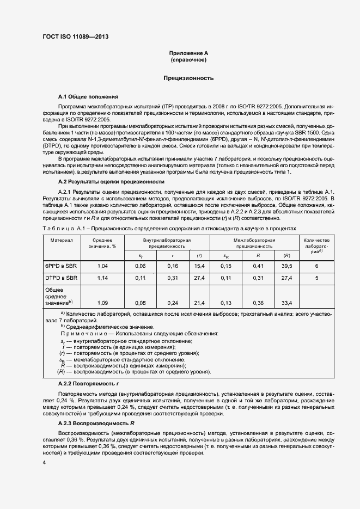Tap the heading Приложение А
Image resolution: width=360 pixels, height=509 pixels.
coord(188,53)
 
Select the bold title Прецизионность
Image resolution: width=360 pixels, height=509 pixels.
coord(188,78)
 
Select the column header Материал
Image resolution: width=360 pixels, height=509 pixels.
coord(62,240)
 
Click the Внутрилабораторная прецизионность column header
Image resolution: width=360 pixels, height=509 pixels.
coord(167,243)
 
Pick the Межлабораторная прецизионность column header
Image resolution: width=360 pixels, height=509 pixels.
coord(254,243)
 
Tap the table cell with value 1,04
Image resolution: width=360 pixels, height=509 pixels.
coord(102,266)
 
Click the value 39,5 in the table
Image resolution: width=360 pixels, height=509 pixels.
coord(286,266)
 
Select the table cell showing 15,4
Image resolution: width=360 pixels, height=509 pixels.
coord(199,266)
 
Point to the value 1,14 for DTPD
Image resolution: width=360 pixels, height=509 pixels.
coord(102,278)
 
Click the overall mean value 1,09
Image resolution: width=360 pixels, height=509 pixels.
coord(102,303)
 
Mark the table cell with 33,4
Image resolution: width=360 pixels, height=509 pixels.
coord(286,303)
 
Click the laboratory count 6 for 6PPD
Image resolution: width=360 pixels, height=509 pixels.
coord(316,266)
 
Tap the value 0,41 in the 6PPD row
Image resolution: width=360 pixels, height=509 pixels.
coord(258,266)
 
